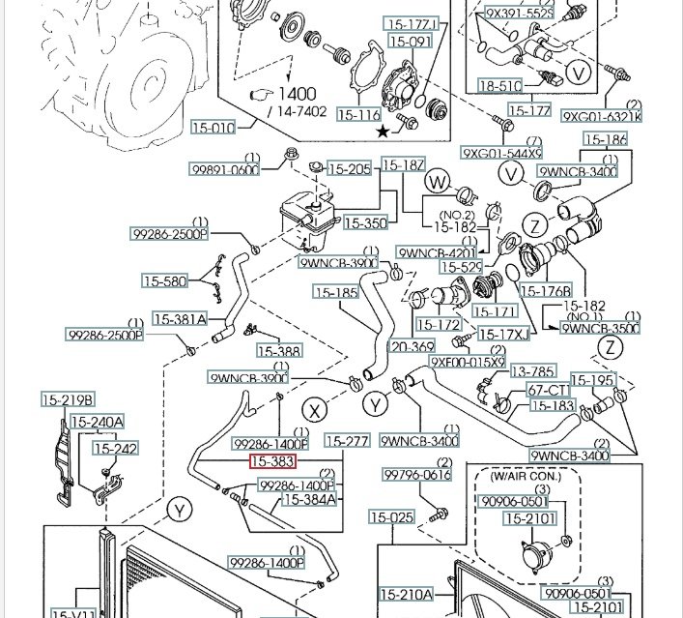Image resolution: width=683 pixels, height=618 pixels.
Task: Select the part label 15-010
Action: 212,128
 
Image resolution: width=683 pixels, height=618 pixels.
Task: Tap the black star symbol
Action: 384,130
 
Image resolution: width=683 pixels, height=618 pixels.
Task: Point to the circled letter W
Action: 439,181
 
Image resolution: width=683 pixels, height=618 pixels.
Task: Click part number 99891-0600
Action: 224,169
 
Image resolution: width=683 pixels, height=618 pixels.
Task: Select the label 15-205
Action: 349,169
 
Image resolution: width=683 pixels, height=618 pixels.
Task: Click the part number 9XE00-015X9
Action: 469,362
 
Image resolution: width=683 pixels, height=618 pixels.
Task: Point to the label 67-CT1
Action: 547,390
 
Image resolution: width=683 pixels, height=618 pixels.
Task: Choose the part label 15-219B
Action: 68,399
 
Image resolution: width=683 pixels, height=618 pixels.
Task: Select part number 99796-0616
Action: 417,475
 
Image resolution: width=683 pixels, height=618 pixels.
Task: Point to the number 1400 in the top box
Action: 299,95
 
